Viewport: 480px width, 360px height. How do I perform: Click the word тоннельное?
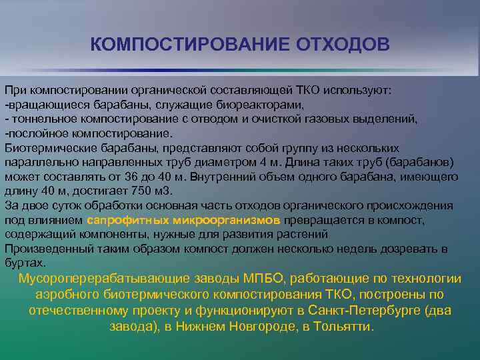(x=41, y=119)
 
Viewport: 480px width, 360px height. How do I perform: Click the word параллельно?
(x=37, y=162)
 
